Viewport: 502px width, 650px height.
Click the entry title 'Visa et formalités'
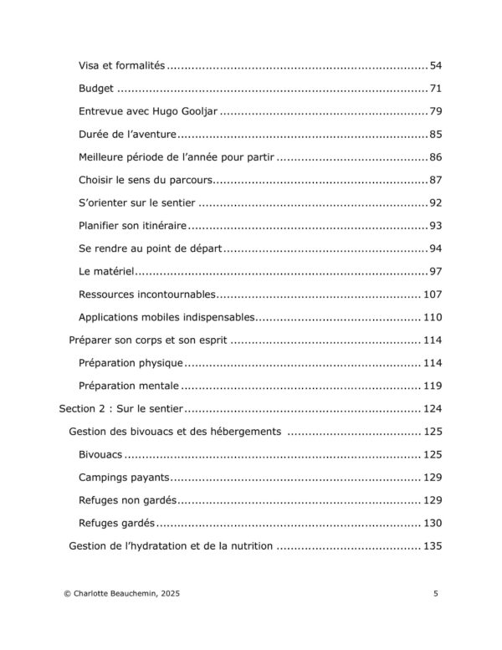122,65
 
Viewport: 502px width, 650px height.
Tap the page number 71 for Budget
435,89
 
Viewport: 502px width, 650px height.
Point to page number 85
435,134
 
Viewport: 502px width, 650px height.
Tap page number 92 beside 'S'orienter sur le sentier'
435,202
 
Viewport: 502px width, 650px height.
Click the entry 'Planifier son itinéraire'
132,226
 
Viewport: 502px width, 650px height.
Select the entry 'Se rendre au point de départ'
150,248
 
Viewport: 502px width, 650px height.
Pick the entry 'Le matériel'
106,271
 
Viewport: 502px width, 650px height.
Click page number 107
432,294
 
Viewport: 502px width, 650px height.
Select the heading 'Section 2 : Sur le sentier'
121,409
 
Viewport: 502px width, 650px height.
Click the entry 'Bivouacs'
100,454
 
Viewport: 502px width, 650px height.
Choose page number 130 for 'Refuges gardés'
432,523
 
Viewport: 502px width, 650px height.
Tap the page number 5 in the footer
436,593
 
